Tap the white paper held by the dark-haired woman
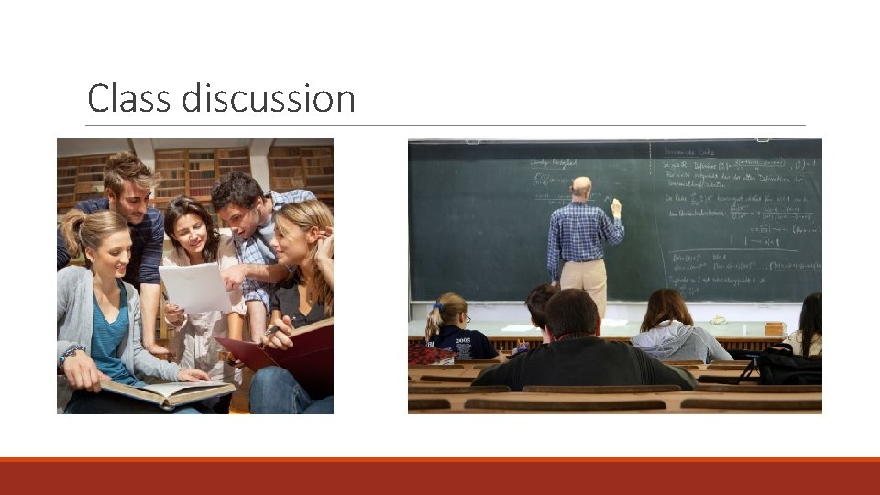click(x=194, y=287)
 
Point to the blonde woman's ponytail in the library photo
click(x=71, y=237)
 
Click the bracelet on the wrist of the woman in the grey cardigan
click(x=71, y=353)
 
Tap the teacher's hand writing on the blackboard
click(x=616, y=204)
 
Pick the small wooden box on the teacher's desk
click(x=775, y=328)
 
